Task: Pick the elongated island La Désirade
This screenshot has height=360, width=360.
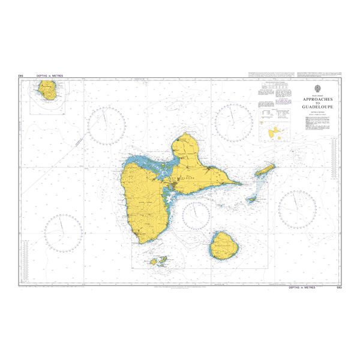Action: pyautogui.click(x=265, y=170)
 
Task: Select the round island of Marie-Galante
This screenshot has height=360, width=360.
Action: pyautogui.click(x=223, y=244)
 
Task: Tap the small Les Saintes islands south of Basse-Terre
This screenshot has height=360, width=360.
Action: pyautogui.click(x=158, y=261)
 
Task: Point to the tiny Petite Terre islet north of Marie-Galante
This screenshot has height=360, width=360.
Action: pyautogui.click(x=251, y=199)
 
